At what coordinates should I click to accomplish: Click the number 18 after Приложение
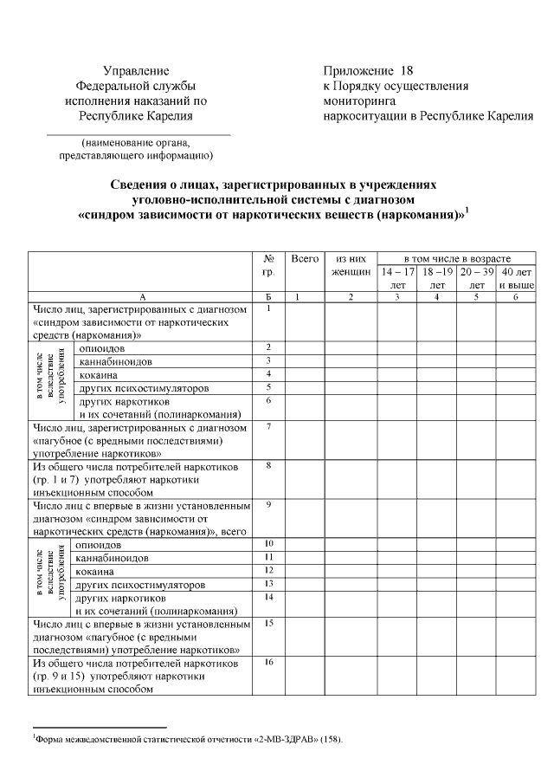click(408, 70)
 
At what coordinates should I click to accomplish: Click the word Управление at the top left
click(136, 70)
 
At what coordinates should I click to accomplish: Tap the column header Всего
click(305, 258)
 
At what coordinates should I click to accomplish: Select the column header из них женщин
click(351, 265)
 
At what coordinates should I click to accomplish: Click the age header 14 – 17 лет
click(397, 277)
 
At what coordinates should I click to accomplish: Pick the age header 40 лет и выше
click(517, 277)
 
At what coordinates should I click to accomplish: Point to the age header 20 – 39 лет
click(476, 277)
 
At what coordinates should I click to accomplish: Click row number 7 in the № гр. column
click(269, 426)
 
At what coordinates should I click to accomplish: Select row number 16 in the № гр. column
click(269, 662)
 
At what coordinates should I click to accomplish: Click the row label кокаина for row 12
click(96, 571)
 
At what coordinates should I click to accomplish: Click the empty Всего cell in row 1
click(305, 321)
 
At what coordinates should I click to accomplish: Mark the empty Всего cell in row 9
click(305, 518)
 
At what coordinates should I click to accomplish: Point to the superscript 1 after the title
click(467, 208)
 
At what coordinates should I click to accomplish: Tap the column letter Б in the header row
click(269, 297)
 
